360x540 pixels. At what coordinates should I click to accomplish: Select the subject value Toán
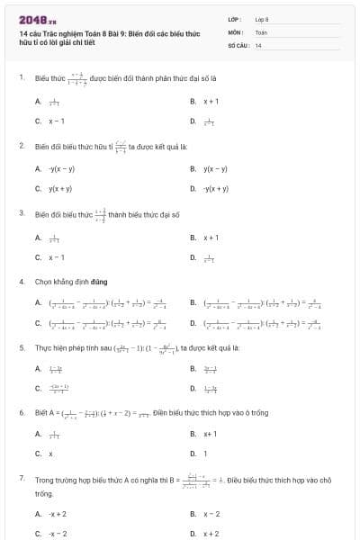[261, 31]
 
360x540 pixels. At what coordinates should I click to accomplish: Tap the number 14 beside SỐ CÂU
[258, 44]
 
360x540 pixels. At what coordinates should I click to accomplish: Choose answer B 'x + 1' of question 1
[211, 102]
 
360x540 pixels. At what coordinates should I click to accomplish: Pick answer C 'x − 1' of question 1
[56, 121]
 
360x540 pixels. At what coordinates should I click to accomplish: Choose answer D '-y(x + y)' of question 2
[216, 188]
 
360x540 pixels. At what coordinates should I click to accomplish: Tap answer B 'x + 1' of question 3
[211, 238]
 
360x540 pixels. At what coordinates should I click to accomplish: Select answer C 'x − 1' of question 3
[56, 256]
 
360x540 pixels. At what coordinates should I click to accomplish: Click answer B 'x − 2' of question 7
[211, 514]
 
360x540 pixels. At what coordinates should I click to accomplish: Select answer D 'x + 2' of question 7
[211, 533]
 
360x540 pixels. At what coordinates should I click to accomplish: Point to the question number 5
[22, 346]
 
